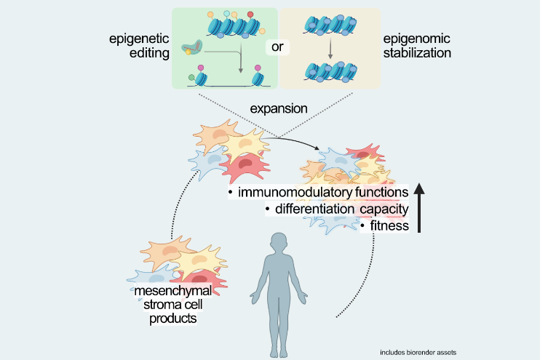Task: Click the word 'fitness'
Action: (x=384, y=226)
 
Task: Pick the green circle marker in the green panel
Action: (x=191, y=76)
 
